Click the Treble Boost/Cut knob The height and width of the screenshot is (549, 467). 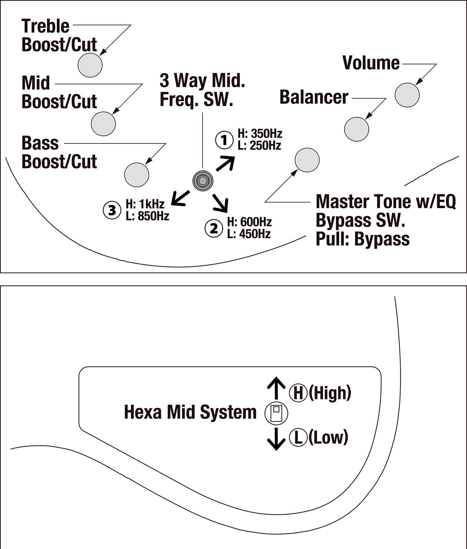click(x=90, y=65)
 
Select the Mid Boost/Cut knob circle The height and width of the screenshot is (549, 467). click(x=103, y=124)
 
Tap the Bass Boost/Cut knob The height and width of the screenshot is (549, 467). click(x=137, y=175)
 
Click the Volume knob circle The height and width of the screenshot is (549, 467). click(x=407, y=95)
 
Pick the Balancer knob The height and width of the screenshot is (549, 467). click(x=356, y=129)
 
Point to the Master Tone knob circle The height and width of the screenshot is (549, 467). click(x=307, y=160)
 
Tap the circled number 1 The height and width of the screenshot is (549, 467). click(x=224, y=140)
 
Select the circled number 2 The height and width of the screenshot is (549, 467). click(x=213, y=228)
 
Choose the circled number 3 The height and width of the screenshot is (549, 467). click(x=112, y=210)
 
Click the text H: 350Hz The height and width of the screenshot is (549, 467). click(x=260, y=133)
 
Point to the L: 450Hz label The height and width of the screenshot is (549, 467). click(x=249, y=234)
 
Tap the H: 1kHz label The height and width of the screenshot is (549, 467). click(x=145, y=204)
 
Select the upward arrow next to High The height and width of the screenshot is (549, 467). click(x=276, y=388)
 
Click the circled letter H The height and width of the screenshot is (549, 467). click(x=298, y=393)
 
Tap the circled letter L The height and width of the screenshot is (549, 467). click(x=298, y=437)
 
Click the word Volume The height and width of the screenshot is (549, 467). click(x=371, y=63)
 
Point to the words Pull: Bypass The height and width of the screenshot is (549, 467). click(x=362, y=239)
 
